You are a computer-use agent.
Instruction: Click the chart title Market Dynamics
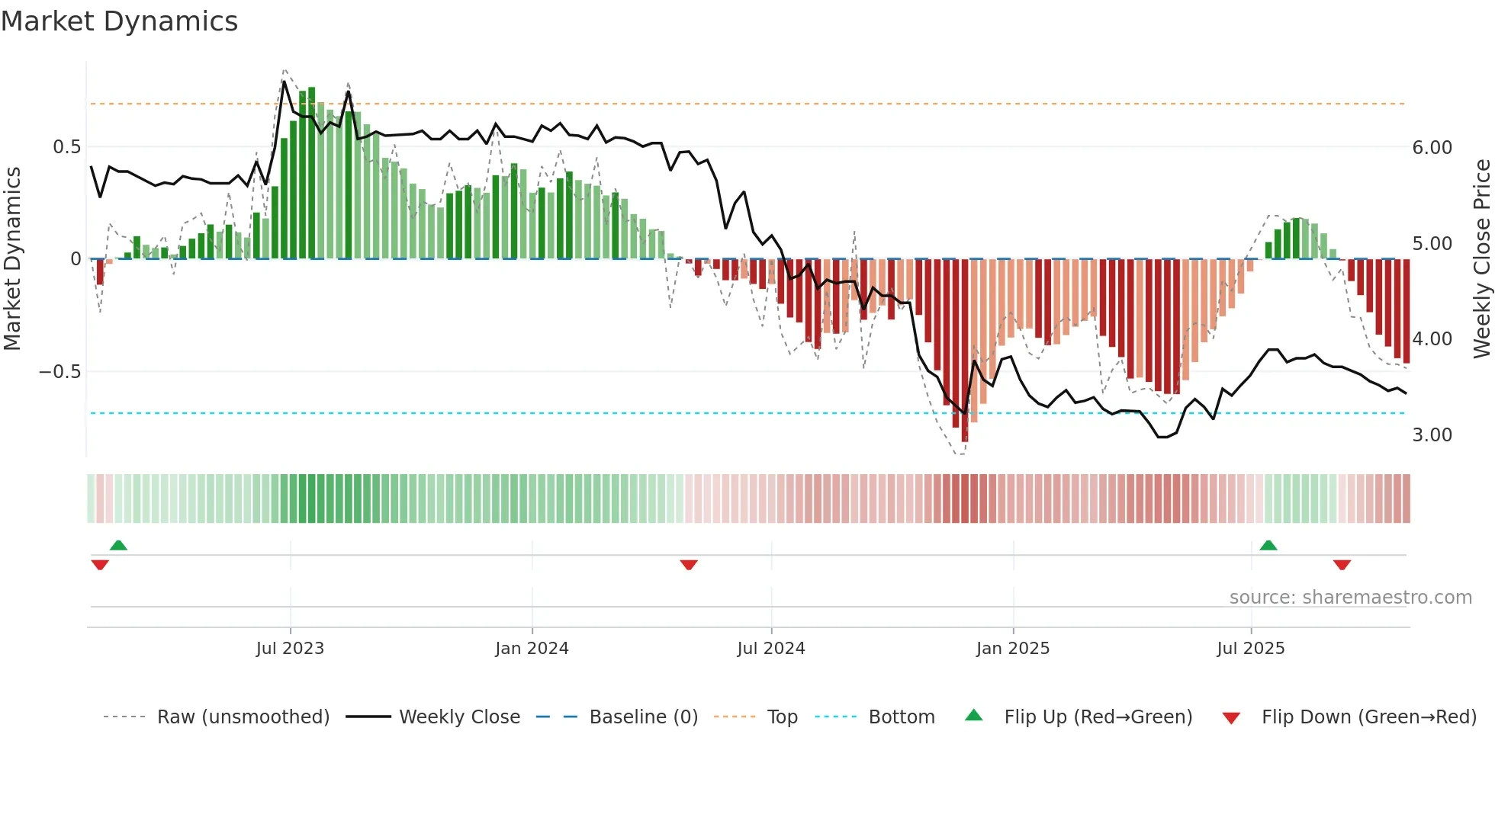[x=119, y=21]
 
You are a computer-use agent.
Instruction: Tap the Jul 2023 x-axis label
[x=290, y=649]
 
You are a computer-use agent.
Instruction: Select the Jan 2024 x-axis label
[x=532, y=649]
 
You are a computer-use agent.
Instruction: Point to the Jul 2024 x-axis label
[x=770, y=649]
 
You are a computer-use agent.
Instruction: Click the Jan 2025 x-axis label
[x=1012, y=649]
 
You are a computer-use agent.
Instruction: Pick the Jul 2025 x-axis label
[x=1250, y=649]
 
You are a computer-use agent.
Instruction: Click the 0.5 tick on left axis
[x=66, y=147]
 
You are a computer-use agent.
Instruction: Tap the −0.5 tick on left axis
[x=60, y=372]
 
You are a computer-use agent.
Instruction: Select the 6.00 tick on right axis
[x=1432, y=148]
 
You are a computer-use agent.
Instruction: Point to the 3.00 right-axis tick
[x=1432, y=435]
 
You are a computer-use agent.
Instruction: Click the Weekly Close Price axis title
[x=1481, y=258]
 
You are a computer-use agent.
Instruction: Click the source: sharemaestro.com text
[x=1350, y=598]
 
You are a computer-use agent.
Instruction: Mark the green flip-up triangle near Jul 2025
[x=1268, y=546]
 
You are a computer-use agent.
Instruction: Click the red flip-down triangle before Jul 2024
[x=689, y=565]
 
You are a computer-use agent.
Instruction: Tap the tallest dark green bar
[x=311, y=174]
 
